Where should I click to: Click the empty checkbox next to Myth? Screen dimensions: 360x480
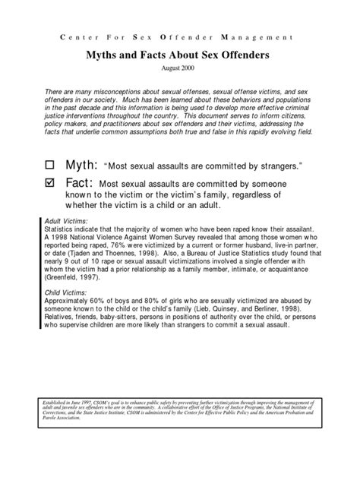(x=51, y=165)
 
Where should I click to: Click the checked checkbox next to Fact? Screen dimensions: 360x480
(x=51, y=184)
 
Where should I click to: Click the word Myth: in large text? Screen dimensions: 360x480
(x=81, y=165)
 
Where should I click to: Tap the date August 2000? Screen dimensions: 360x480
(x=180, y=68)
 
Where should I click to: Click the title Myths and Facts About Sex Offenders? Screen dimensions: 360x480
(x=180, y=54)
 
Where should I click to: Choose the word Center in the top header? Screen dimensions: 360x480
(x=76, y=36)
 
